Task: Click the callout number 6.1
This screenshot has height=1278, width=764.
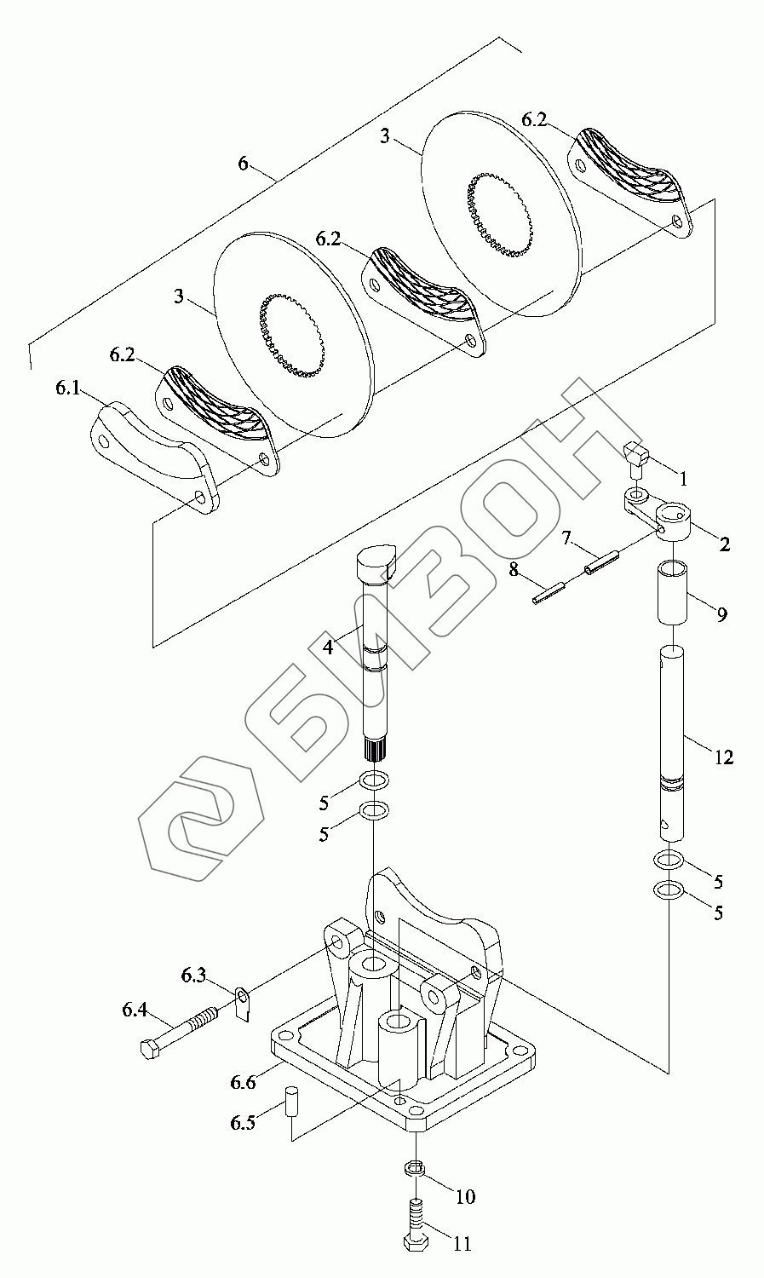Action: [x=68, y=388]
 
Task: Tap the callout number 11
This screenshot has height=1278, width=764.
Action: [x=462, y=1244]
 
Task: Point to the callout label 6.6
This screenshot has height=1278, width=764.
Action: [x=243, y=1082]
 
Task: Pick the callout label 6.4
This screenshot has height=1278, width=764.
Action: [x=135, y=1010]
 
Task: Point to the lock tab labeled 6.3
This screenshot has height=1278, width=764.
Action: [x=244, y=1004]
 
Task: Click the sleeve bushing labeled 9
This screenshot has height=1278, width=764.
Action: [x=672, y=591]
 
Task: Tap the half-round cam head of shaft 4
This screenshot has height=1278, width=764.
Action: [x=373, y=562]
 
